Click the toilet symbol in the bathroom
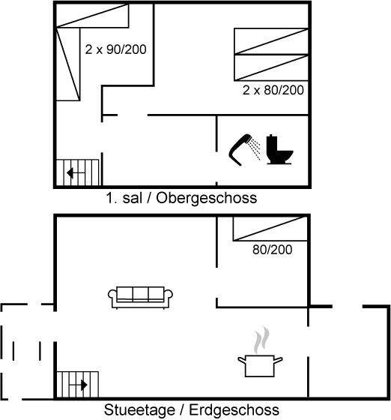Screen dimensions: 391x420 pyautogui.click(x=279, y=149)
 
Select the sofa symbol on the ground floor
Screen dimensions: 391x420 pyautogui.click(x=140, y=297)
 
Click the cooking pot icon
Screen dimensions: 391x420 pyautogui.click(x=260, y=365)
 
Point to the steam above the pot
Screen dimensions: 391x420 pyautogui.click(x=261, y=340)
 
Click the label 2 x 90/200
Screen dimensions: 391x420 pyautogui.click(x=115, y=49)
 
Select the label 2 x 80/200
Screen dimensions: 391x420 pyautogui.click(x=273, y=90)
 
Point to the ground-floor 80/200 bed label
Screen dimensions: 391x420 pyautogui.click(x=272, y=250)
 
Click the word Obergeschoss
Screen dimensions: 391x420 pyautogui.click(x=207, y=198)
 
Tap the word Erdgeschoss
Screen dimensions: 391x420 pyautogui.click(x=234, y=409)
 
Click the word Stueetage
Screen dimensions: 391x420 pyautogui.click(x=139, y=409)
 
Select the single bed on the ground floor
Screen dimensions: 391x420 pyautogui.click(x=270, y=229)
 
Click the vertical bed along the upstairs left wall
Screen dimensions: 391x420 pyautogui.click(x=68, y=64)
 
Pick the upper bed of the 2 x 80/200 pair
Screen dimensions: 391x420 pyautogui.click(x=271, y=41)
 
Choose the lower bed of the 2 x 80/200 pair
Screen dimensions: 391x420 pyautogui.click(x=271, y=67)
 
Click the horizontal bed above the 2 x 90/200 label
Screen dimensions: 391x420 pyautogui.click(x=92, y=16)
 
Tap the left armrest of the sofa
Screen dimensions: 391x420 pyautogui.click(x=112, y=296)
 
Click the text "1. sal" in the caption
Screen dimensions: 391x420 pyautogui.click(x=124, y=198)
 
